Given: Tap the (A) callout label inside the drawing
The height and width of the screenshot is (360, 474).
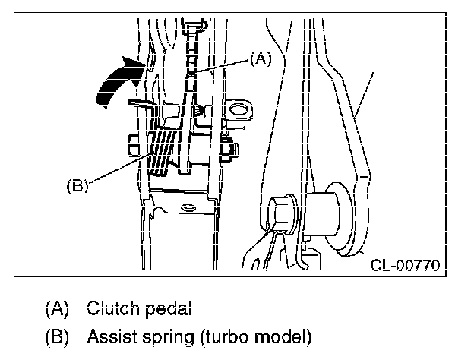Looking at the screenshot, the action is [x=261, y=58].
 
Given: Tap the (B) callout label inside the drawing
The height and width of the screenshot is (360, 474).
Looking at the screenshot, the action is [x=77, y=186].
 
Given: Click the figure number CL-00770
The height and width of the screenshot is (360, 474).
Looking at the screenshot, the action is [x=406, y=265].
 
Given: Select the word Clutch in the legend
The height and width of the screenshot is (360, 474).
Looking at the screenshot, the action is [x=113, y=308].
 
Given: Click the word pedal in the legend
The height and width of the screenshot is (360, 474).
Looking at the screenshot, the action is [x=168, y=308].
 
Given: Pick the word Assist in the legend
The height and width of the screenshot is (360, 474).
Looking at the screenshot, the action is [x=112, y=336].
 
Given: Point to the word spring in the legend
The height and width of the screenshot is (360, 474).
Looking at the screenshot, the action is [x=168, y=338].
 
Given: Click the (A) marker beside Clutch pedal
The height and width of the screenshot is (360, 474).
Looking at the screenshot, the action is [x=57, y=308].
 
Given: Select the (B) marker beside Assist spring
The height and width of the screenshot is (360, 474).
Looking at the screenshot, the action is [x=57, y=337].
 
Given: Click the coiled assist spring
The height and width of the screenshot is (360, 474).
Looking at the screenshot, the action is [x=163, y=150].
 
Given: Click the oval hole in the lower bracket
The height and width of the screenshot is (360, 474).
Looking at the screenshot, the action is [x=187, y=207].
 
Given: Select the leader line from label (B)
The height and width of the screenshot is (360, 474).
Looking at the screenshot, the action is [x=120, y=168].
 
